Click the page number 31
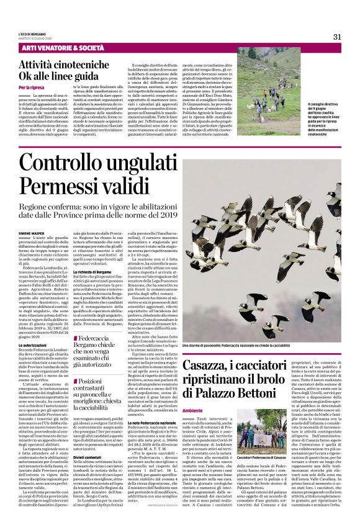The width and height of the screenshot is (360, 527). click(337, 37)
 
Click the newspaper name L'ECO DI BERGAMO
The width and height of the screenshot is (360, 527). click(33, 34)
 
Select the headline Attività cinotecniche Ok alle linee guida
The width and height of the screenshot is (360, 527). click(63, 70)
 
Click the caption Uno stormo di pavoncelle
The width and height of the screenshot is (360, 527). click(236, 345)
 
